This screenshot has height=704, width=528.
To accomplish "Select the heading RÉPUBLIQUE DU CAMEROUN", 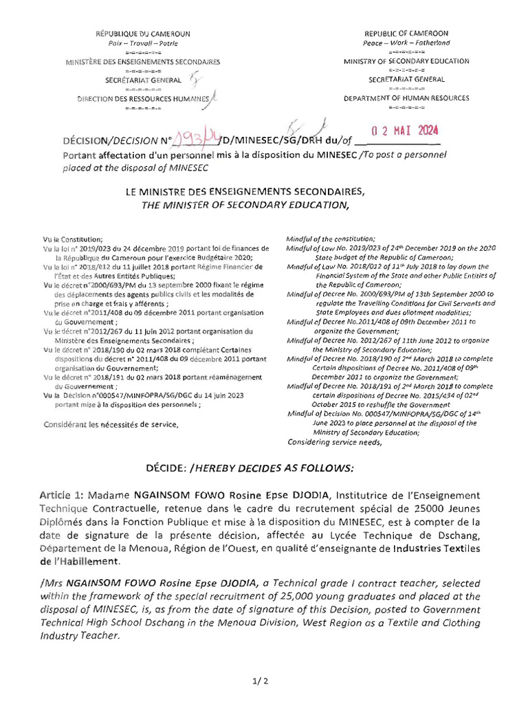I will click(142, 33).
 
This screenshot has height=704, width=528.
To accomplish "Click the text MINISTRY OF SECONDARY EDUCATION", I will click(406, 61).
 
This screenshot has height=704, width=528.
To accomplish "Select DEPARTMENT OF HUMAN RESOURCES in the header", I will click(406, 98).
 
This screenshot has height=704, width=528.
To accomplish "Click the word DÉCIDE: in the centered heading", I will click(166, 468).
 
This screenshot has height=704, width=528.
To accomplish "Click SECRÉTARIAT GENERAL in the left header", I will click(143, 80).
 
